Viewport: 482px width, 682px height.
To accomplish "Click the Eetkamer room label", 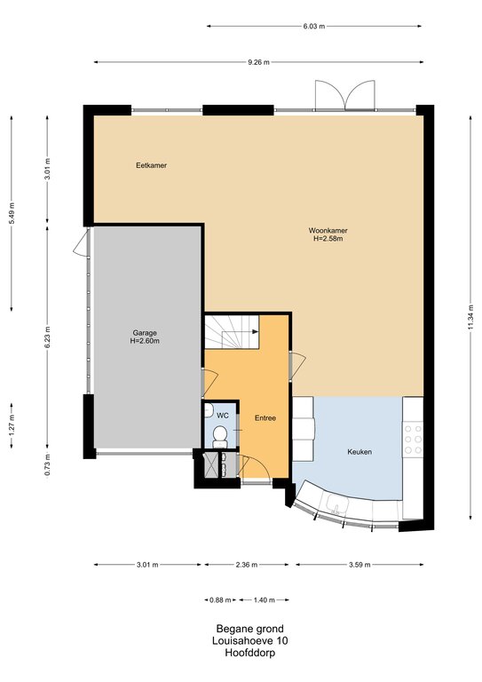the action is tap(151, 165).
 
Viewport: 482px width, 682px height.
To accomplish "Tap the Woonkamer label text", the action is tap(328, 231).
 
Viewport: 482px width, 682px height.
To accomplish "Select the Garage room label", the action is tap(145, 333).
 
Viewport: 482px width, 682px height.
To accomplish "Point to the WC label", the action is tap(223, 416).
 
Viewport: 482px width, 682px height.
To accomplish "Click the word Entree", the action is tap(265, 418).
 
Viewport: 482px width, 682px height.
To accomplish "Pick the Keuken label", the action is tap(360, 452).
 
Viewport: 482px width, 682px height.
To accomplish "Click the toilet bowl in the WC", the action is tap(220, 435).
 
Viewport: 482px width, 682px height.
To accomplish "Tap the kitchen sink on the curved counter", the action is tap(336, 504).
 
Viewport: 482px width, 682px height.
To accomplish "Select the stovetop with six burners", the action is tap(413, 439).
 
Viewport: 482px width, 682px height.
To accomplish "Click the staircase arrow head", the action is tap(255, 331).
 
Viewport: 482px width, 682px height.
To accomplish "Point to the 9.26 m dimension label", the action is tap(258, 62).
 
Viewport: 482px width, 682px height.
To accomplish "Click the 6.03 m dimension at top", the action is tap(314, 26).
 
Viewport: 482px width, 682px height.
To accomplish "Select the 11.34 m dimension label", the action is tap(470, 318).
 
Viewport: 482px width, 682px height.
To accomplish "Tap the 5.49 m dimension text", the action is tap(12, 213).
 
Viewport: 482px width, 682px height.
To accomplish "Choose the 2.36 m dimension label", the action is tap(247, 565).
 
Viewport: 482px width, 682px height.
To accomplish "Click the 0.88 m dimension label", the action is tap(220, 600).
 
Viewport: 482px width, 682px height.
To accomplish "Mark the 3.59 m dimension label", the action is tap(360, 565).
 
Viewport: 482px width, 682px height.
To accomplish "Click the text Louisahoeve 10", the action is tap(250, 640).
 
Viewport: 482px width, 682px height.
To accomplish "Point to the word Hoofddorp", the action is tap(250, 653).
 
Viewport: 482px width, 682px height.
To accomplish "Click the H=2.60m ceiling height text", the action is tap(145, 341).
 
